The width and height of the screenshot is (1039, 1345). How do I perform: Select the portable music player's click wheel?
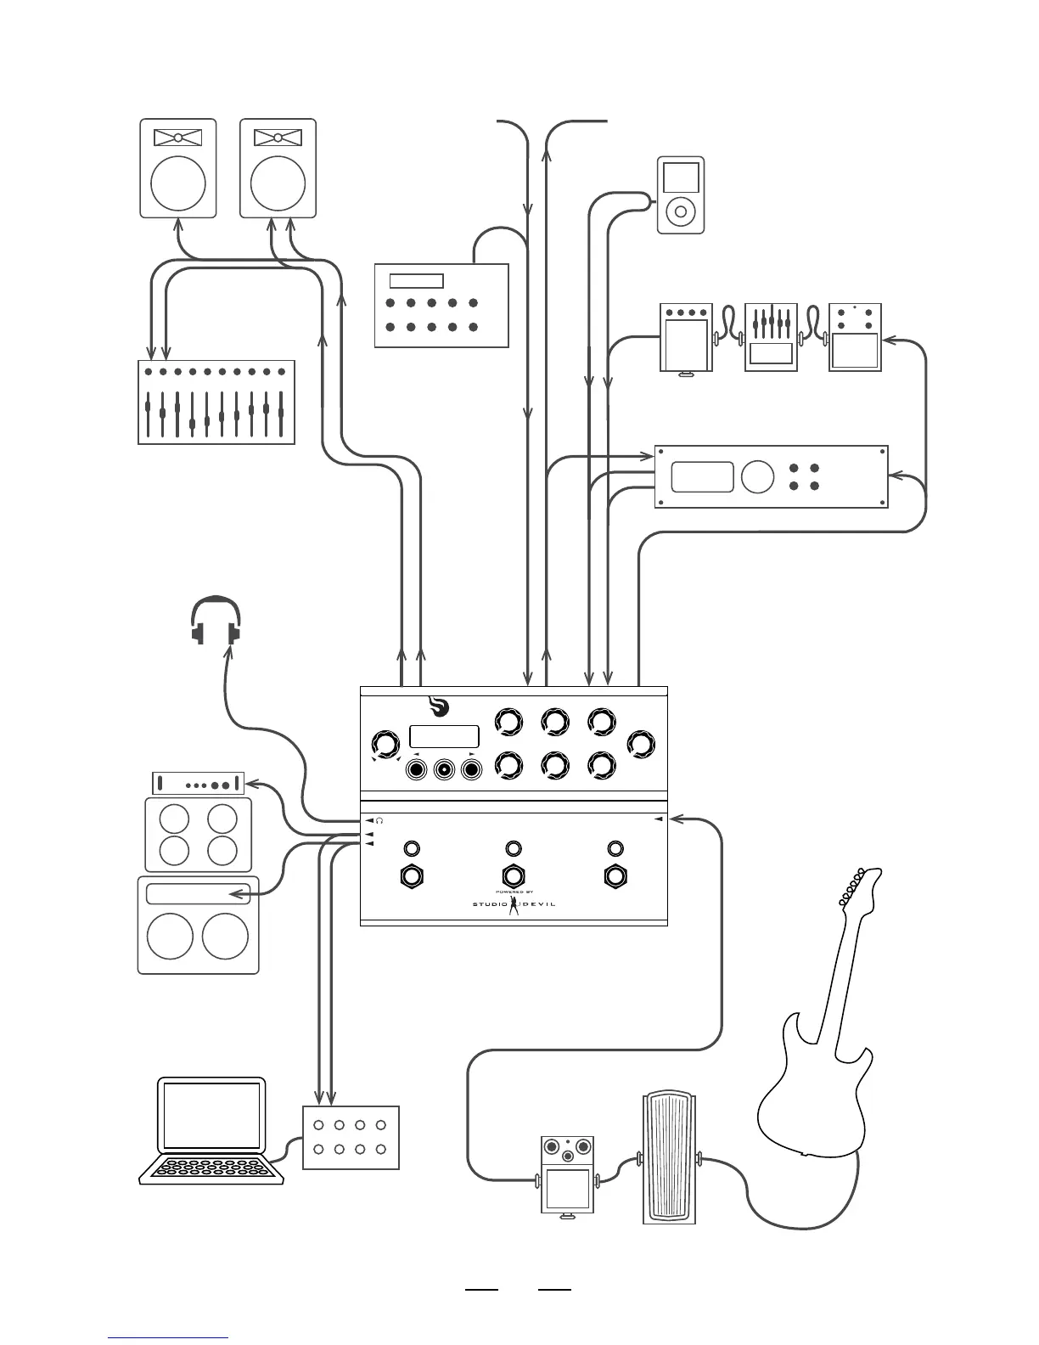[681, 209]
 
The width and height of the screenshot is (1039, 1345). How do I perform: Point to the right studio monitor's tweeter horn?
[278, 138]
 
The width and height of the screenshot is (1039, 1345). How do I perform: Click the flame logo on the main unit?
[439, 707]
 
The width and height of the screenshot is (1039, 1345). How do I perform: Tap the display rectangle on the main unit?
[444, 736]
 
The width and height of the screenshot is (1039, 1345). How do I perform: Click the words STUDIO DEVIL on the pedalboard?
[514, 903]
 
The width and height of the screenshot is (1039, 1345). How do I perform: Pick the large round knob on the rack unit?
[757, 477]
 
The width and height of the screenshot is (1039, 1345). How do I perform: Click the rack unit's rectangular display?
[702, 477]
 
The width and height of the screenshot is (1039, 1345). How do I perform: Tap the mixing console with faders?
[216, 402]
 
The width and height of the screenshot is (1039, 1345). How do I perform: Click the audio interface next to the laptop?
[351, 1138]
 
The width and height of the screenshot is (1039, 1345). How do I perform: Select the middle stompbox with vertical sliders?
[771, 338]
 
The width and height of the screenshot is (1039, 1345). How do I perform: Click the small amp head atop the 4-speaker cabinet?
[198, 784]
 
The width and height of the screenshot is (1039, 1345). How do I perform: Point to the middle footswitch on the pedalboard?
[513, 876]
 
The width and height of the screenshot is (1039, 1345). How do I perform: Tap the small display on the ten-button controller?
[416, 281]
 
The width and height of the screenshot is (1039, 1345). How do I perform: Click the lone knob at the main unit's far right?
[641, 745]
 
